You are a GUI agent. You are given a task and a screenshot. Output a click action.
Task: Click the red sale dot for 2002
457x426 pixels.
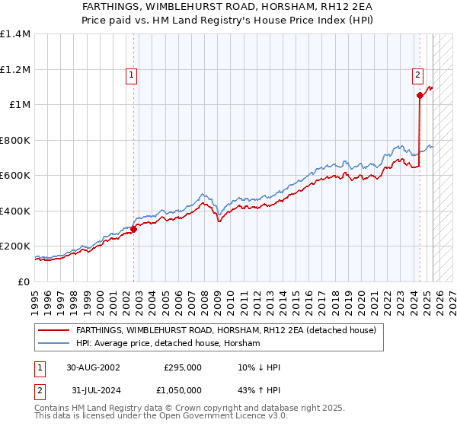(133, 229)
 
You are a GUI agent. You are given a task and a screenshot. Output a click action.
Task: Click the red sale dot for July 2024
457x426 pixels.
(420, 96)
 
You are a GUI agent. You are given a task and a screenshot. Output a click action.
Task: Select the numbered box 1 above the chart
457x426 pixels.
(133, 75)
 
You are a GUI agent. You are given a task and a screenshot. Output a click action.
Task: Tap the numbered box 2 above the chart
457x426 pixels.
(418, 75)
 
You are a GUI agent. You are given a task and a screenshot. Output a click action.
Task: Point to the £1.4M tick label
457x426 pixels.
(15, 34)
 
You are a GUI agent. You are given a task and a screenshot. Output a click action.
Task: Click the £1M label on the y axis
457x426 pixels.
(19, 105)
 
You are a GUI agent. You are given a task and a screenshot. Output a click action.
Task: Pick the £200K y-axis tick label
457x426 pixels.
(15, 246)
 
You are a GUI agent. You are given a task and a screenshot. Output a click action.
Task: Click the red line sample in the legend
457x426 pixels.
(53, 331)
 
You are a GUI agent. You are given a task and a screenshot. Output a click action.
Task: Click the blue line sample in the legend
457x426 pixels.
(53, 344)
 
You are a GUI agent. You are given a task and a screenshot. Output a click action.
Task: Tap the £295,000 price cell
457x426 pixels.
(182, 367)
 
